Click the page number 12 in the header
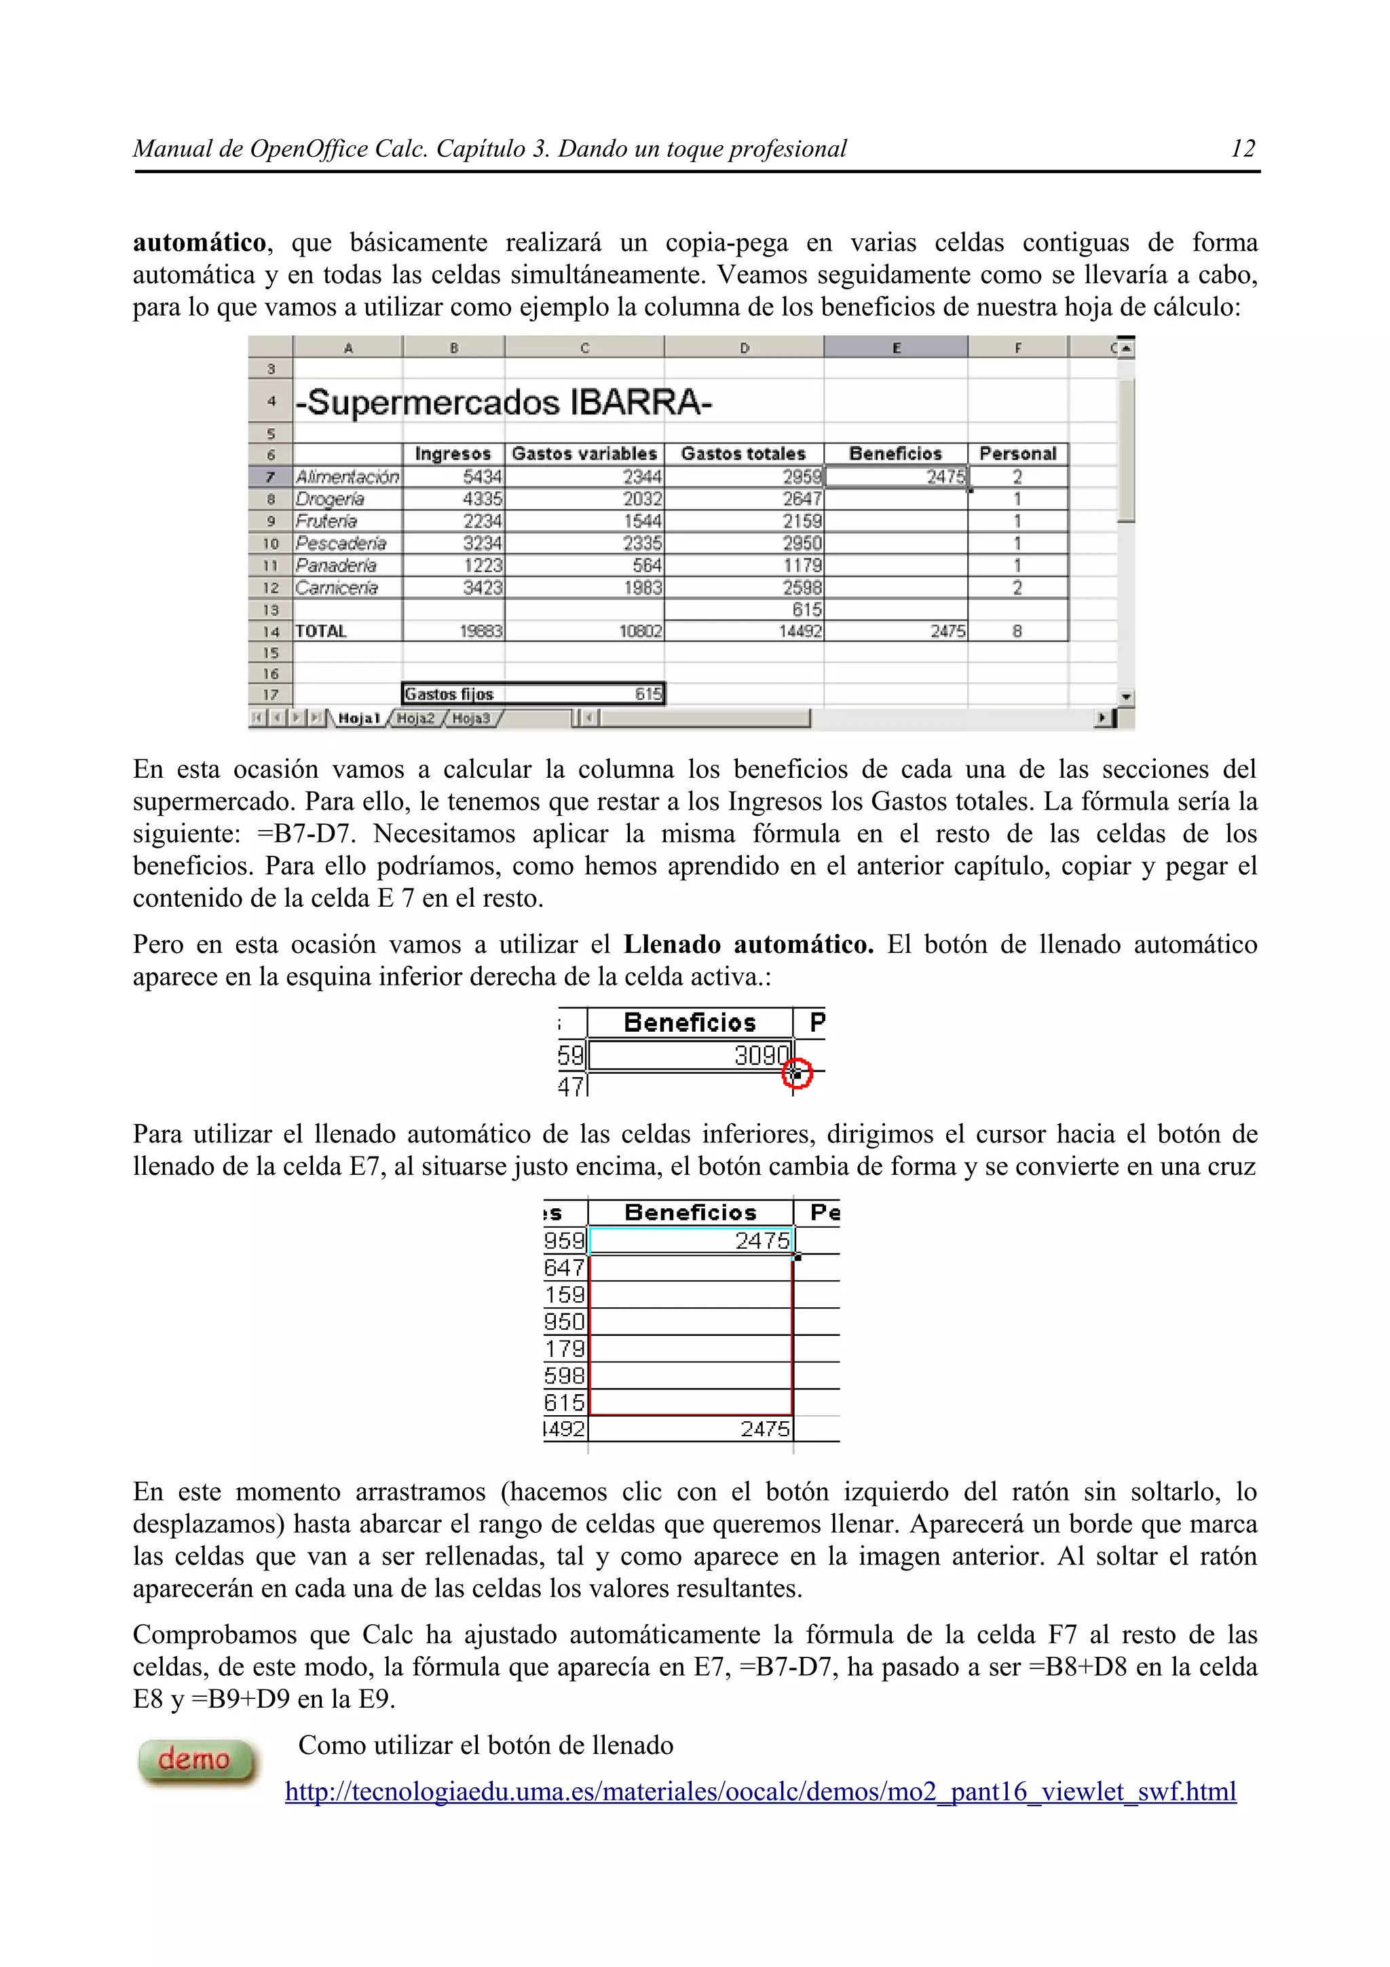(x=1242, y=149)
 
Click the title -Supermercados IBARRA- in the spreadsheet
(x=504, y=402)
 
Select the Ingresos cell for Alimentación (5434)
(x=454, y=477)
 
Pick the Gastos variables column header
(x=584, y=454)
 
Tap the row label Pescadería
(x=341, y=543)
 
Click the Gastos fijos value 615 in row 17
(x=648, y=694)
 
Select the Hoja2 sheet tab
(x=416, y=718)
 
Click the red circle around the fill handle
(x=797, y=1072)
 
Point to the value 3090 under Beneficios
(x=759, y=1055)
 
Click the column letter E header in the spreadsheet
(x=896, y=348)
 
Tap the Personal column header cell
(x=1017, y=454)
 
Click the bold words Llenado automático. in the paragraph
(x=748, y=944)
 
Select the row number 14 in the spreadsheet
(x=271, y=631)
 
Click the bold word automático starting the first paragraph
(x=199, y=243)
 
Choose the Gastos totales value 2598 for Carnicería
(x=802, y=588)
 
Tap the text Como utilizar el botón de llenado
(x=485, y=1745)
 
